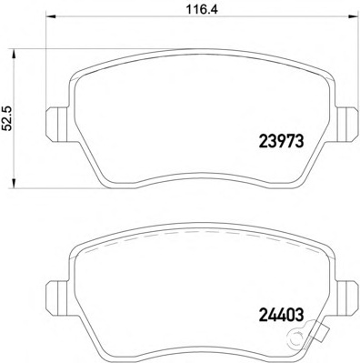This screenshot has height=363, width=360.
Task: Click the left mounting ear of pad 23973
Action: pos(55,119)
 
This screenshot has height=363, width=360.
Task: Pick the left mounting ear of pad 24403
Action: pos(55,292)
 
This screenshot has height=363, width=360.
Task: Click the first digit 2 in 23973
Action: pos(254,142)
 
